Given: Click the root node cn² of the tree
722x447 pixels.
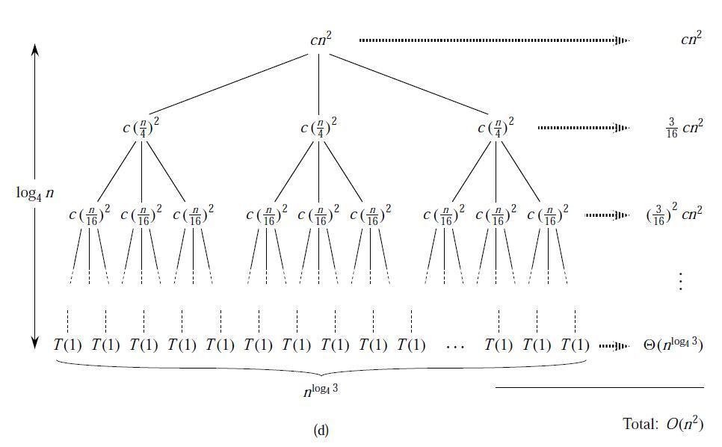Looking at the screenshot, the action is tap(321, 40).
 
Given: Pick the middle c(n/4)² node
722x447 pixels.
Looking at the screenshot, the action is tap(318, 128).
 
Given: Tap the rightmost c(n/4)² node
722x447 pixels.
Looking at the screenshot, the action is tap(496, 128).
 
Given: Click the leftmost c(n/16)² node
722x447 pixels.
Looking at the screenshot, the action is tap(90, 215).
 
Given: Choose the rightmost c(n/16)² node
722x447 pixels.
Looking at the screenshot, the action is tap(548, 215).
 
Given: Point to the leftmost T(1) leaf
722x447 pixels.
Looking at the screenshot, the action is tap(68, 345).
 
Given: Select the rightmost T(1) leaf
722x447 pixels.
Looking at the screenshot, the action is tap(575, 345).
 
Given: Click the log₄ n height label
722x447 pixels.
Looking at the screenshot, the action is tap(35, 193).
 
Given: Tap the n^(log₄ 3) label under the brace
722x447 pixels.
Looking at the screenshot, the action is tap(321, 390).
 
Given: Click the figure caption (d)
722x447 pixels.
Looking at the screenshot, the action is tap(321, 431).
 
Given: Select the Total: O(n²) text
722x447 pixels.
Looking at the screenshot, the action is tap(663, 423).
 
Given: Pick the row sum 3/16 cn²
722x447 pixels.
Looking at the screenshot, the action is tap(684, 128).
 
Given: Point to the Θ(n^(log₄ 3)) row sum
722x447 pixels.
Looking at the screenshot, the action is tap(673, 345).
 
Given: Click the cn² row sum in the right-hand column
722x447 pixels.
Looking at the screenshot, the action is tap(691, 39).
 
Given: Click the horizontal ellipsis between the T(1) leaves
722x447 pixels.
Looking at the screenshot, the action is tap(455, 347).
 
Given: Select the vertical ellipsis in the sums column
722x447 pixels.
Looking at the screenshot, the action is tap(681, 281).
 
